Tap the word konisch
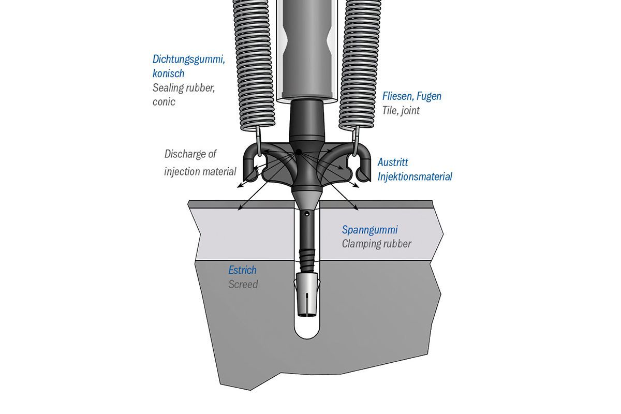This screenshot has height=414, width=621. tap(168, 73)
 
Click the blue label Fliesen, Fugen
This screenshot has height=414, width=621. tap(412, 96)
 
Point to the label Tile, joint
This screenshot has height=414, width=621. tap(401, 110)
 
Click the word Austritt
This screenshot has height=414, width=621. tap(393, 162)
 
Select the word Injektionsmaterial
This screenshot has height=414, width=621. tap(415, 176)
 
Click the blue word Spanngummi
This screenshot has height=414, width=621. tap(369, 229)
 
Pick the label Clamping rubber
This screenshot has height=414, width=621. tap(376, 243)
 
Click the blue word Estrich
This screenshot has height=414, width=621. tap(242, 270)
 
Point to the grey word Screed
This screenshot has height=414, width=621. tap(243, 284)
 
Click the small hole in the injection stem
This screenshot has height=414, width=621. tap(307, 213)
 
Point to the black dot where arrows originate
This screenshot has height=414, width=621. tap(299, 152)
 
